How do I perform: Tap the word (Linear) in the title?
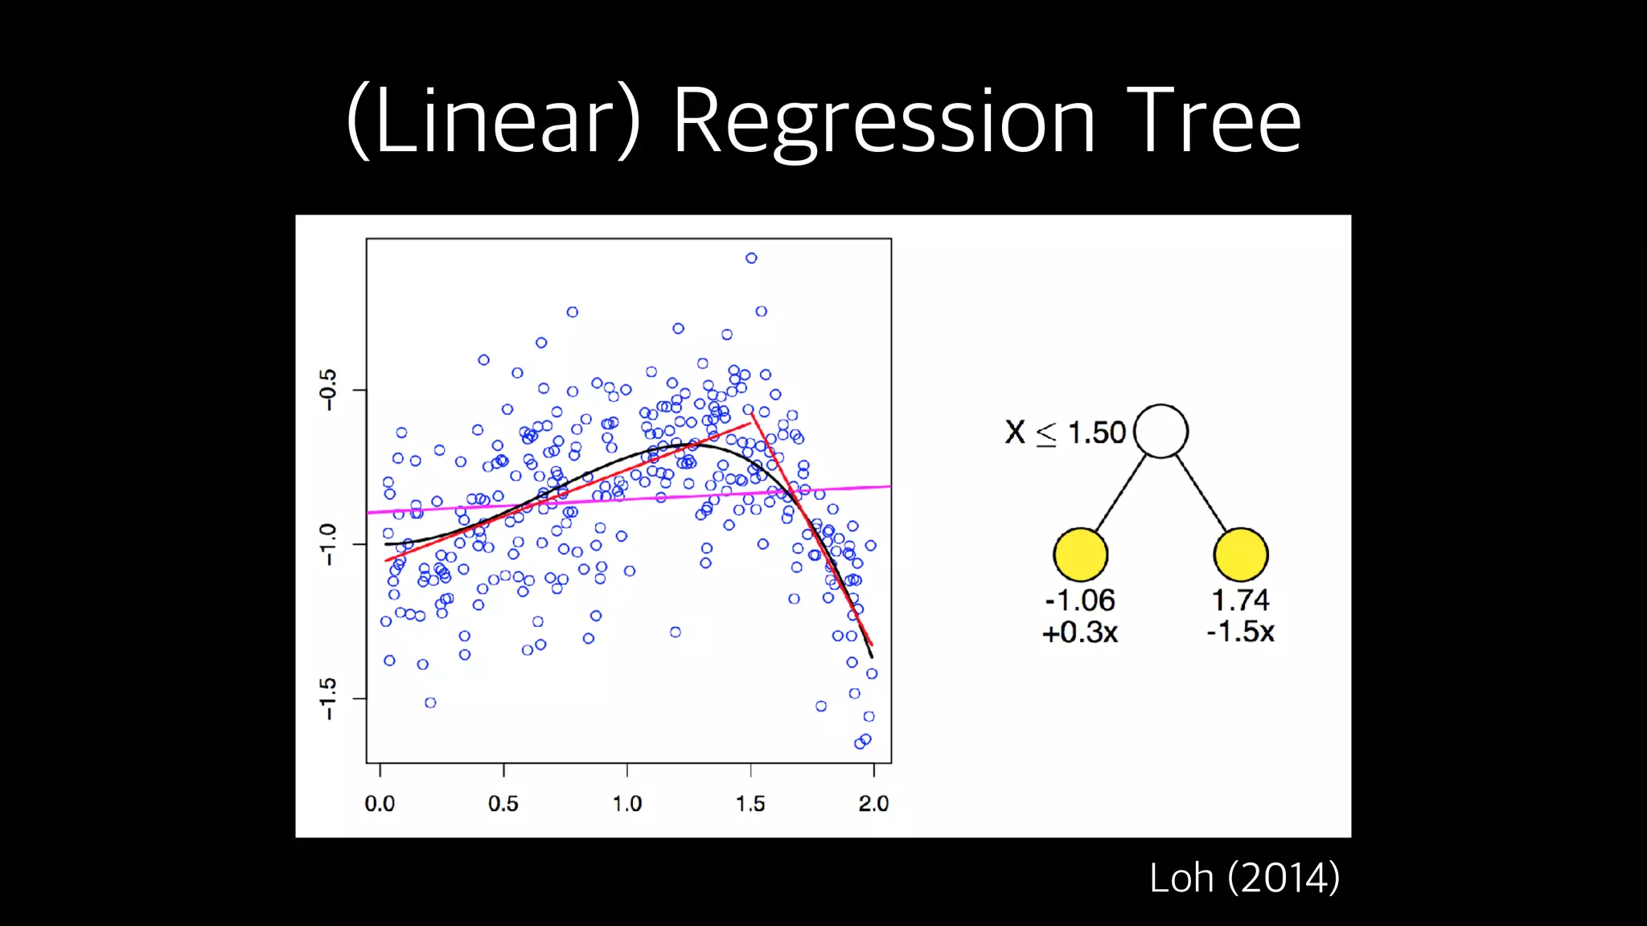coord(494,122)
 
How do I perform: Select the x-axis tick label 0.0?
coord(380,803)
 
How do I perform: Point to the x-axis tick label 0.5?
coord(503,803)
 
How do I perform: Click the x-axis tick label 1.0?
coord(627,803)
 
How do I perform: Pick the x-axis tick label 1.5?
coord(750,803)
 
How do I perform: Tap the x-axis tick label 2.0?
coord(873,803)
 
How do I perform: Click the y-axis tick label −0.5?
coord(328,390)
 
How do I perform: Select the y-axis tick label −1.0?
coord(328,544)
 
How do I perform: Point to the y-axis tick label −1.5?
coord(328,698)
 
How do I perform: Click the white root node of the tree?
coord(1160,432)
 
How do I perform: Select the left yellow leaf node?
coord(1080,555)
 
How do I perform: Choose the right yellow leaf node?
coord(1241,555)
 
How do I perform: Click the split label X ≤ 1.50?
coord(1065,432)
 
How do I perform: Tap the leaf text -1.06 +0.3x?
coord(1080,617)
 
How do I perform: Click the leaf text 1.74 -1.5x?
coord(1241,617)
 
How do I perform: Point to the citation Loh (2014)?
coord(1244,877)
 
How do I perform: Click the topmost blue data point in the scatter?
coord(751,258)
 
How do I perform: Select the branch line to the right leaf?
coord(1201,493)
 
